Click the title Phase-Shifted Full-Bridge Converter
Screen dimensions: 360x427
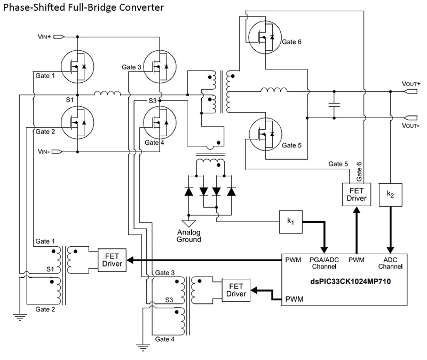tap(82, 8)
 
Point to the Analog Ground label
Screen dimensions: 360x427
tap(189, 236)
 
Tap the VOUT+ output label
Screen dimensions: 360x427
tap(411, 84)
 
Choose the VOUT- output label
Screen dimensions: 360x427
tap(411, 126)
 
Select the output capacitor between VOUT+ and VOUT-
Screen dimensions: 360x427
tap(335, 106)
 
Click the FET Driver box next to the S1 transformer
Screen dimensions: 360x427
tap(112, 260)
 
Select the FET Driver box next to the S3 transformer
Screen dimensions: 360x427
tap(236, 289)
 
